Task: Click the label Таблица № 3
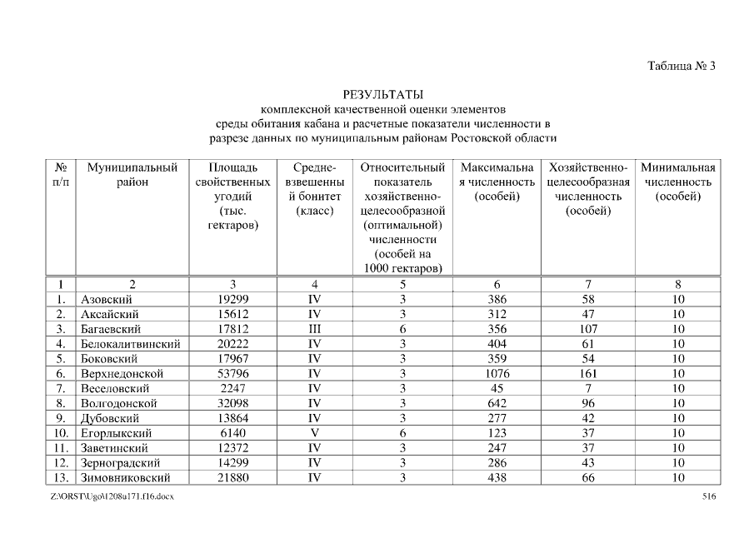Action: tap(682, 67)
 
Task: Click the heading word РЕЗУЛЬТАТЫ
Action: tap(382, 94)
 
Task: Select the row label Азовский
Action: tap(107, 299)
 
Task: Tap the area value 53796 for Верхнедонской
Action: tap(232, 373)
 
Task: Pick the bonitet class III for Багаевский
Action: tap(314, 328)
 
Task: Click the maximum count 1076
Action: tap(497, 373)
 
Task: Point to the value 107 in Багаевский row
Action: tap(587, 328)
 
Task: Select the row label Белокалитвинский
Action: tap(132, 343)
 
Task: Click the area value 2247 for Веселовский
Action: tap(232, 388)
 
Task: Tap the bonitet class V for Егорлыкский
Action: tap(314, 433)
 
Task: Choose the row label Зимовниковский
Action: tap(126, 478)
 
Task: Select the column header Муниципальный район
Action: tap(132, 175)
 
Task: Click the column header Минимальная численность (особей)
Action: tap(677, 182)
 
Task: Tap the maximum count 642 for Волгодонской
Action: tap(497, 403)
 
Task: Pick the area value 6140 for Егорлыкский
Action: tap(232, 433)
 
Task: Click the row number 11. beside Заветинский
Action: tap(61, 448)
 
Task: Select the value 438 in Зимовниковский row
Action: tap(497, 478)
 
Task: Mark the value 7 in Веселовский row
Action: tap(587, 388)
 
